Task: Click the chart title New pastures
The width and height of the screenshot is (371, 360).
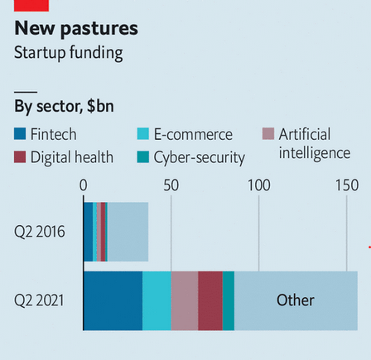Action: (x=75, y=29)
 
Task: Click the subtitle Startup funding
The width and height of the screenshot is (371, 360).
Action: (x=69, y=53)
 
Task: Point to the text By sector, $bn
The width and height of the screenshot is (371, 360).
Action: (x=64, y=106)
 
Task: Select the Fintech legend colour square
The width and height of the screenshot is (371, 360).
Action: (x=20, y=134)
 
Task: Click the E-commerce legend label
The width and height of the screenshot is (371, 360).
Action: (x=193, y=134)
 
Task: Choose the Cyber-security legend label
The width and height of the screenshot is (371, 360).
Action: (x=200, y=157)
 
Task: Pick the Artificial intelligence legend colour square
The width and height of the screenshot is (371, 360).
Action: (x=267, y=134)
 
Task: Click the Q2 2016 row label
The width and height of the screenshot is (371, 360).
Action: (x=39, y=232)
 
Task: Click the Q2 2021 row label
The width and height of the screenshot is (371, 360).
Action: (x=39, y=300)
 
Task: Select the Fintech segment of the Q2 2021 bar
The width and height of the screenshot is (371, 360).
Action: (x=113, y=300)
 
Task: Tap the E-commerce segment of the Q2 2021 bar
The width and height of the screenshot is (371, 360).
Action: (x=157, y=300)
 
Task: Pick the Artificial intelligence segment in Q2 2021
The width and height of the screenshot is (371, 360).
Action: (x=185, y=300)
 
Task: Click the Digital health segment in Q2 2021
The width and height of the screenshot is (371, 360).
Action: (x=210, y=300)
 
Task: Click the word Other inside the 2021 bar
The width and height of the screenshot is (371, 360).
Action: (x=295, y=300)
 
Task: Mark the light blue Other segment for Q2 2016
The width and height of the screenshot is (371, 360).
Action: (x=128, y=232)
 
